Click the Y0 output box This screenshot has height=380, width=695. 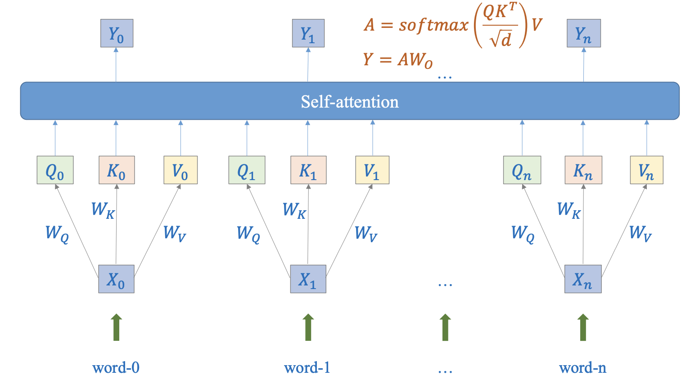pyautogui.click(x=117, y=33)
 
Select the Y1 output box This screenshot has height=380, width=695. pyautogui.click(x=308, y=33)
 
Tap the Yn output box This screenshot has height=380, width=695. pyautogui.click(x=583, y=33)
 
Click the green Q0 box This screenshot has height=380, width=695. pyautogui.click(x=55, y=170)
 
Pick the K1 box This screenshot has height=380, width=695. pyautogui.click(x=308, y=170)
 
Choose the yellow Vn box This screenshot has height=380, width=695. pyautogui.click(x=646, y=170)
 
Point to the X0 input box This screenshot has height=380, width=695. pyautogui.click(x=116, y=279)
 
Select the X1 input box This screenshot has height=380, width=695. pyautogui.click(x=308, y=279)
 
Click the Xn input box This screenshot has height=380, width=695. pyautogui.click(x=583, y=279)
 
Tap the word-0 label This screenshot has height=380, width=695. pyautogui.click(x=116, y=368)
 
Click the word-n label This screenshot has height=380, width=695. pyautogui.click(x=582, y=368)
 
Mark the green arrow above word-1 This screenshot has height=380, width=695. pyautogui.click(x=308, y=327)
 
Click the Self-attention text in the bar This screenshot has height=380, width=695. pyautogui.click(x=350, y=102)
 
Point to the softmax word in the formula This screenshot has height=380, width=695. pyautogui.click(x=433, y=25)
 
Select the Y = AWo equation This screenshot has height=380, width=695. pyautogui.click(x=398, y=60)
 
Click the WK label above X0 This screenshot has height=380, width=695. pyautogui.click(x=103, y=210)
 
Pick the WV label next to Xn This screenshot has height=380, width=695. pyautogui.click(x=640, y=233)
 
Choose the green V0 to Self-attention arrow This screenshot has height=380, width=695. pyautogui.click(x=181, y=138)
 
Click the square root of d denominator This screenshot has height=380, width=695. pyautogui.click(x=501, y=40)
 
